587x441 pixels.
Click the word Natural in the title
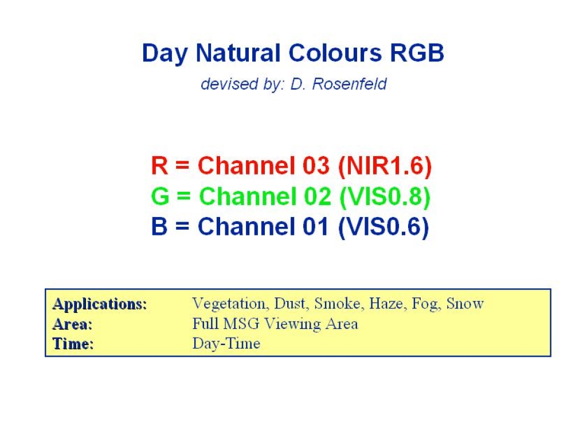click(238, 52)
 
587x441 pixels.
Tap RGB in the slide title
click(417, 52)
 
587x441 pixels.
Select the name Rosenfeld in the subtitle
click(349, 84)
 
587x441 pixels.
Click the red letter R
click(159, 165)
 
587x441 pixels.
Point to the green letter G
click(161, 196)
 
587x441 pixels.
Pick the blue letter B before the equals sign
click(159, 226)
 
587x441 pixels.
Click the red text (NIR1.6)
click(385, 166)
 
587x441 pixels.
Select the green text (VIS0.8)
click(385, 196)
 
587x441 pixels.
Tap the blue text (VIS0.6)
click(383, 227)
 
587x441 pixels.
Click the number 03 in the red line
click(316, 165)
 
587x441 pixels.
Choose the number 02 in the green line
click(318, 196)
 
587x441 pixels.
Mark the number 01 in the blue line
click(315, 226)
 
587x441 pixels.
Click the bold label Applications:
click(100, 304)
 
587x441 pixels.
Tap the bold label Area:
click(72, 324)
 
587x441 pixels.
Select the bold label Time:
click(73, 343)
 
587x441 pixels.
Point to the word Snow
click(465, 303)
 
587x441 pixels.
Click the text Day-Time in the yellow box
click(226, 344)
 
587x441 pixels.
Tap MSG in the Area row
click(241, 324)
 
